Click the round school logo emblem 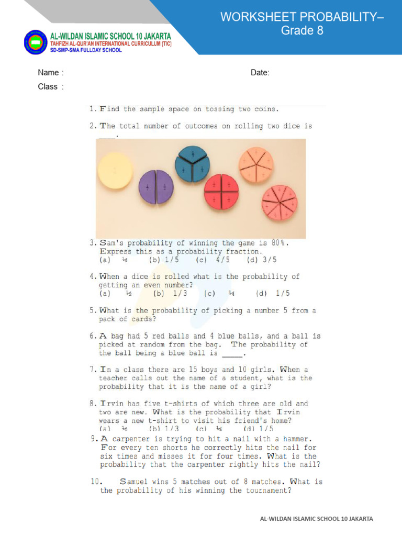tap(36, 42)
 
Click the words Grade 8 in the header tap(302, 30)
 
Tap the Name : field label tap(51, 73)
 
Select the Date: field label tap(260, 73)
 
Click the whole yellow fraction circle tap(115, 170)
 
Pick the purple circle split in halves tap(156, 187)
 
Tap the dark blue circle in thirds tap(193, 164)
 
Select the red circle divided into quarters tap(221, 192)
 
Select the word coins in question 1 tap(265, 109)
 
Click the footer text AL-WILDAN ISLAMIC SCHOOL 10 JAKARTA tap(317, 519)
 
